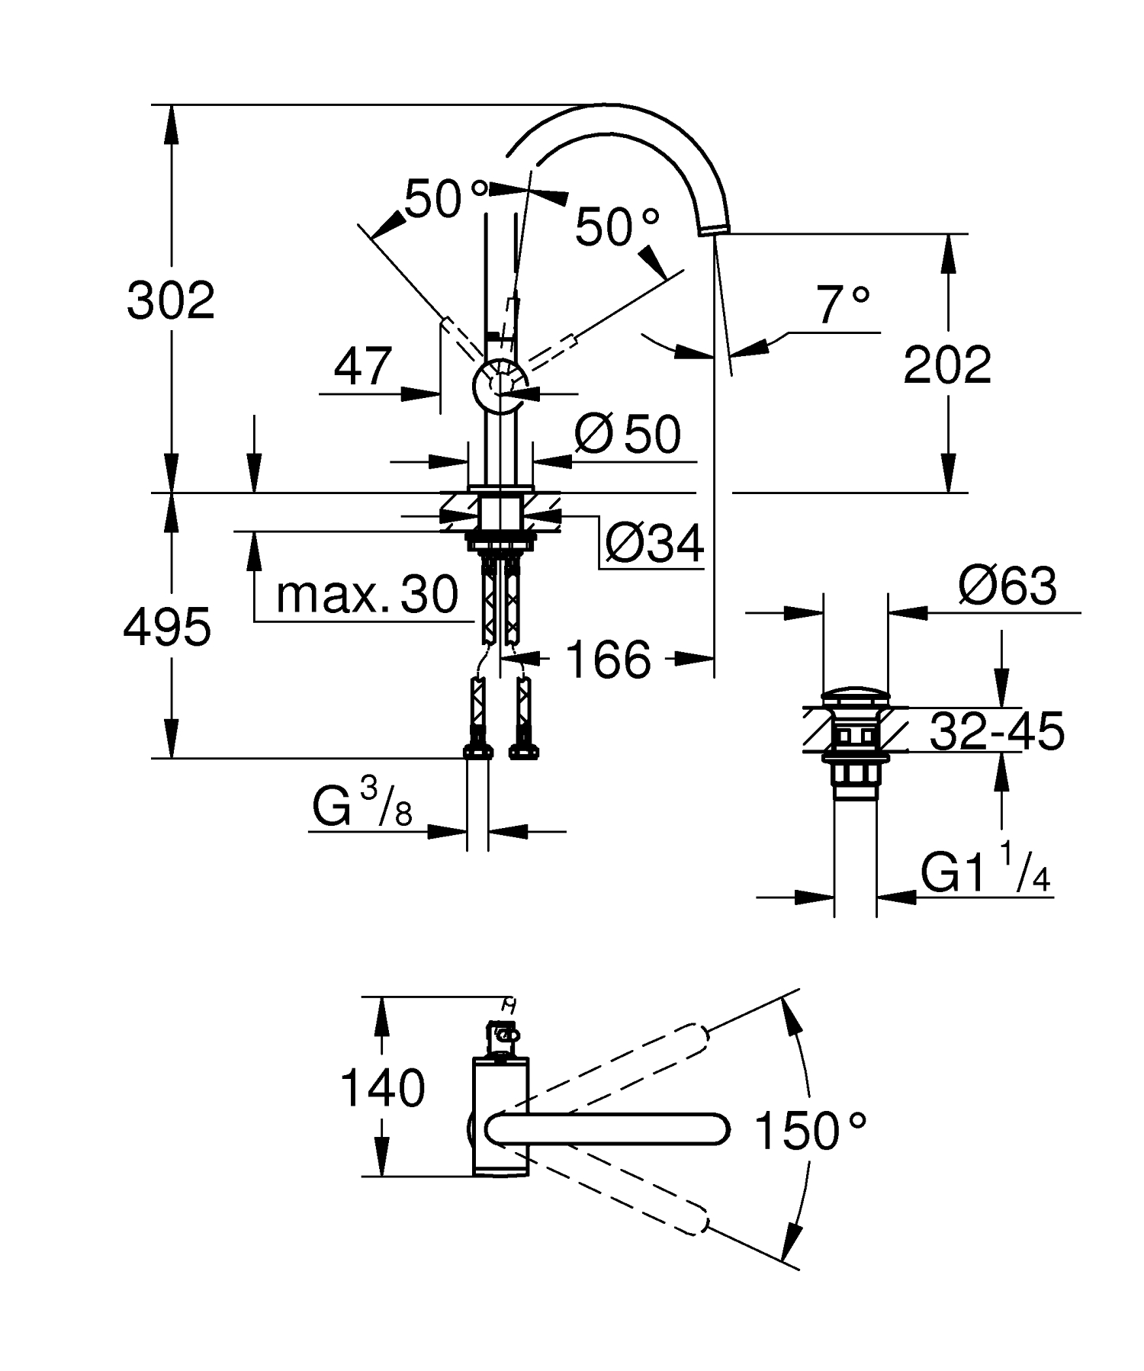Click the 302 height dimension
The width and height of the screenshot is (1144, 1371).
pos(171,301)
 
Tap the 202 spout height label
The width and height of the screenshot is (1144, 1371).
pos(947,365)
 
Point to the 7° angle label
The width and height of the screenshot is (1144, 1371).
pos(842,306)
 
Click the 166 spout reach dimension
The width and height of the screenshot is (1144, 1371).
pos(609,660)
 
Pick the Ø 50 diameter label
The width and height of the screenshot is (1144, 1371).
pos(627,435)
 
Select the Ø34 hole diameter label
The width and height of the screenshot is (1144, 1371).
pos(654,544)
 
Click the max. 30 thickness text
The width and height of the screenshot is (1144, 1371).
pos(367,595)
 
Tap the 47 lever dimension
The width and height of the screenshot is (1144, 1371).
pos(363,368)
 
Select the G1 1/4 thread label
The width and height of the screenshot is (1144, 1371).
pos(985,872)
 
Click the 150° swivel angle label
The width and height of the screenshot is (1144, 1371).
pos(810,1131)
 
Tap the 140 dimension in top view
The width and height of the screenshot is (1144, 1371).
pos(382,1088)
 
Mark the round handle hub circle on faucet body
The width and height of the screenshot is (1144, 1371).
pos(500,385)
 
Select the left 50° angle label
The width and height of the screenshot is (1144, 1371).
pos(445,199)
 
